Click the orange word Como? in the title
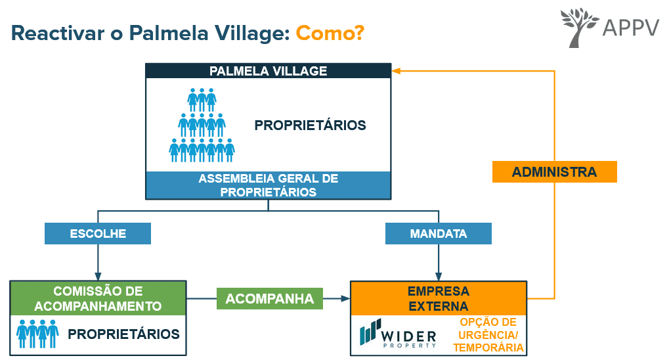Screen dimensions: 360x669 pos(330,33)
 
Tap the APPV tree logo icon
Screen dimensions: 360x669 pos(580,27)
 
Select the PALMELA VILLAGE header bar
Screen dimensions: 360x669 pos(268,71)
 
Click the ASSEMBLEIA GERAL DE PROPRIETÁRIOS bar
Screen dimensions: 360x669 pos(268,185)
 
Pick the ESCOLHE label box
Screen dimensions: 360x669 pos(98,234)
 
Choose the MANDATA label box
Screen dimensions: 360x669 pos(438,234)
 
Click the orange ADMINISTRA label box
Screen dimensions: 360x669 pos(554,172)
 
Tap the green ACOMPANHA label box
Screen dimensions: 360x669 pos(270,299)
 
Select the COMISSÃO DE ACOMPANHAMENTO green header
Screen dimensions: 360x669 pos(98,298)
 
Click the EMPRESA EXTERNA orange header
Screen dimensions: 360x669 pos(438,298)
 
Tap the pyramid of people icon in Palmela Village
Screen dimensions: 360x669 pos(202,125)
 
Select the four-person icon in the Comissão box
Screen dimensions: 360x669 pos(37,334)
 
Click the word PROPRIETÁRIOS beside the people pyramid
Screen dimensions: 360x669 pos(310,125)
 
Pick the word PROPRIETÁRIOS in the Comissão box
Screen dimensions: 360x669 pos(123,334)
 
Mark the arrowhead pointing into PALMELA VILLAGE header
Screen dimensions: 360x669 pos(396,71)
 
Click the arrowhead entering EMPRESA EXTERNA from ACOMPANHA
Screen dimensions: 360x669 pos(345,299)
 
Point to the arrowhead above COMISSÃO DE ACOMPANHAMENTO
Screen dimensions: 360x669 pos(98,276)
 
